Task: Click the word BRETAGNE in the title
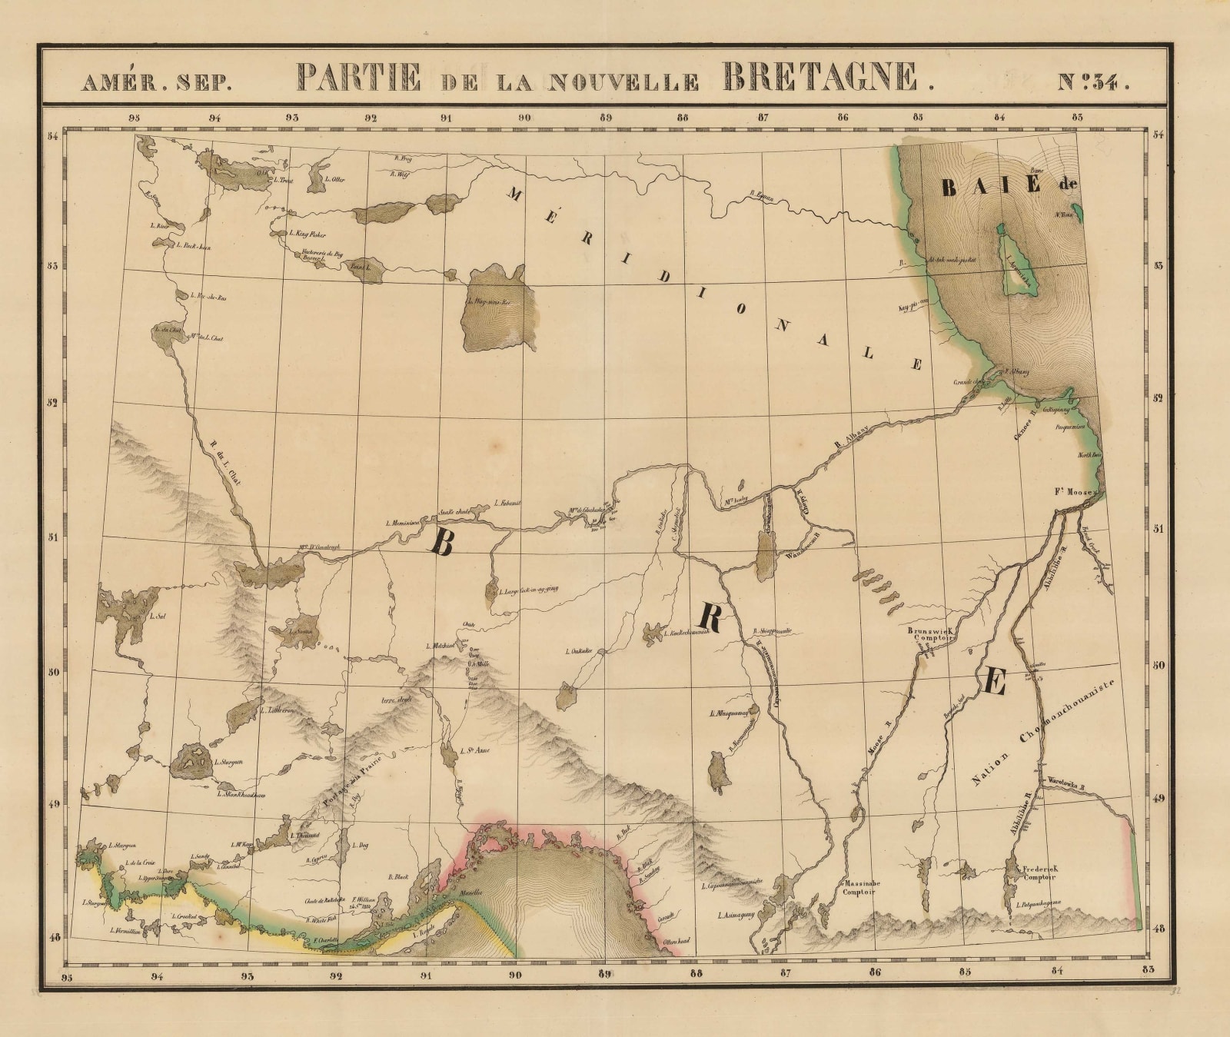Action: click(821, 78)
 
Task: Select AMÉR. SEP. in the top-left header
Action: click(157, 82)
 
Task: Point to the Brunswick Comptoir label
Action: click(930, 633)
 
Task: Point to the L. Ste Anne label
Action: click(474, 751)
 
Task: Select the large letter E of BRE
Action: click(993, 681)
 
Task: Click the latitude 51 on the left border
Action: click(54, 537)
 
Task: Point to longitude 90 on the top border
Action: click(524, 118)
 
